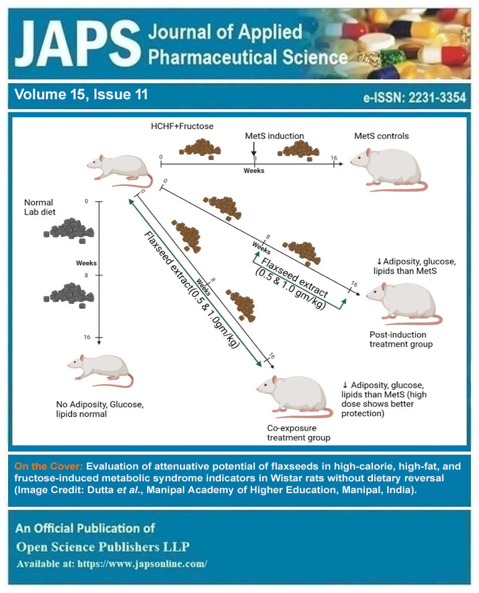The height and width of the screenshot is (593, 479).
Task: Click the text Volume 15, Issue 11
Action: point(81,95)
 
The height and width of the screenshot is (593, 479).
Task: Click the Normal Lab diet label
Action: point(38,207)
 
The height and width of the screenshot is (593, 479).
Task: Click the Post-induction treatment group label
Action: point(400,339)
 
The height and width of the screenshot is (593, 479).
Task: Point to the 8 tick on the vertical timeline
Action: point(99,275)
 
